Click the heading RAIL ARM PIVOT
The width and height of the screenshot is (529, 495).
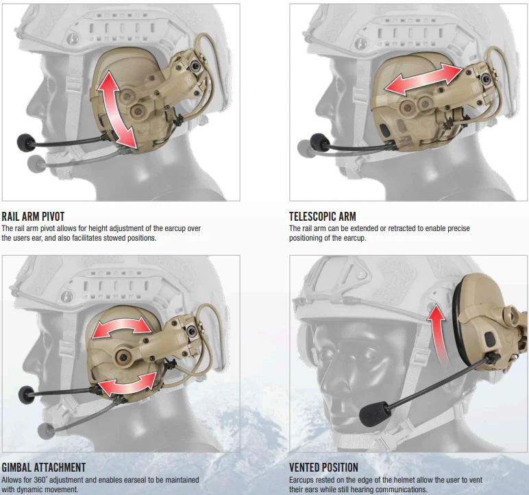[33, 217]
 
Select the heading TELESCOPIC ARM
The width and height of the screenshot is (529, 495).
[322, 217]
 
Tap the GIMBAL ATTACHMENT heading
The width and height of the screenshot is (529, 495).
[43, 468]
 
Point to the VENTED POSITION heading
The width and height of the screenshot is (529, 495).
[323, 468]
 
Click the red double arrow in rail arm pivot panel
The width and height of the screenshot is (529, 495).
[116, 110]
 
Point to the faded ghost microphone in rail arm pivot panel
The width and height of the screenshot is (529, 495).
[37, 162]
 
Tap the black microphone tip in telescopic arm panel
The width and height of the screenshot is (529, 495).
[319, 142]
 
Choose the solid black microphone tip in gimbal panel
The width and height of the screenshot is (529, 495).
[28, 394]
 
